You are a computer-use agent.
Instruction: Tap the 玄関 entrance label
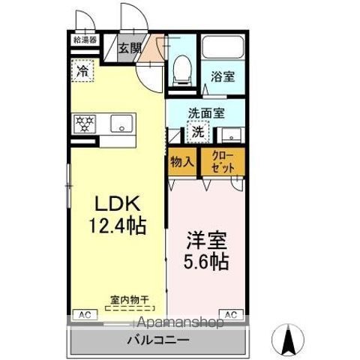pyautogui.click(x=130, y=49)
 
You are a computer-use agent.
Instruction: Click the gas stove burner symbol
pyautogui.click(x=83, y=123)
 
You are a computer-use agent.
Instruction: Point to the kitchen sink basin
pyautogui.click(x=121, y=123)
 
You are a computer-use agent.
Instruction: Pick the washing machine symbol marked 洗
pyautogui.click(x=197, y=132)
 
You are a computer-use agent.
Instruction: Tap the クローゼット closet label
pyautogui.click(x=223, y=162)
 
